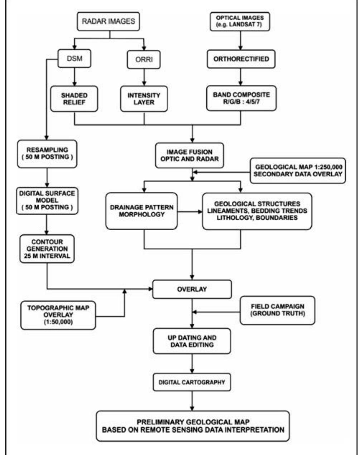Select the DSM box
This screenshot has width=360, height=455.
point(74,59)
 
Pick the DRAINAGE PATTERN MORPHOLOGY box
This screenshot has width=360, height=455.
point(142,211)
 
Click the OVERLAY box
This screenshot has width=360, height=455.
point(192,289)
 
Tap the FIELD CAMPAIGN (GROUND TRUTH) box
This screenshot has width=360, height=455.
point(277,310)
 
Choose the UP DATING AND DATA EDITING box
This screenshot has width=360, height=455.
point(192,341)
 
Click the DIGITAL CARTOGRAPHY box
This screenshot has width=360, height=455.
point(192,382)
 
